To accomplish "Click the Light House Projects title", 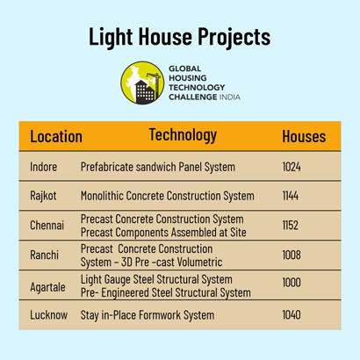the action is tap(180, 37).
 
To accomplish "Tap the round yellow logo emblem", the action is tap(142, 83).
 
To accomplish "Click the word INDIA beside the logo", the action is tap(230, 97).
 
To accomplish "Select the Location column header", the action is tap(56, 137).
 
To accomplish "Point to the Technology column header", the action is tap(183, 135).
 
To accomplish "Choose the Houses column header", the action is tap(304, 137).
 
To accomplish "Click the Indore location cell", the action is tap(44, 167).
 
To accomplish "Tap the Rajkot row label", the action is tap(43, 196).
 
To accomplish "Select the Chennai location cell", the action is tap(47, 226).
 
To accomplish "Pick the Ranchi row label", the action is tap(45, 255).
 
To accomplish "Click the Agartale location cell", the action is tap(47, 287).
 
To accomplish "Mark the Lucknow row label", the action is tap(49, 315).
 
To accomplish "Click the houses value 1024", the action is tap(292, 167).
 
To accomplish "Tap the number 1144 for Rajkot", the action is tap(291, 196).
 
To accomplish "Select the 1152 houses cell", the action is tap(291, 226).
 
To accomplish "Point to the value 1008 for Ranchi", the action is tap(292, 255).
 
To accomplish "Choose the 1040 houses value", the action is tap(292, 315).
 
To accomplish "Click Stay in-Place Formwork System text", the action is tap(148, 315).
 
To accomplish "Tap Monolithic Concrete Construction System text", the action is tap(168, 196).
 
